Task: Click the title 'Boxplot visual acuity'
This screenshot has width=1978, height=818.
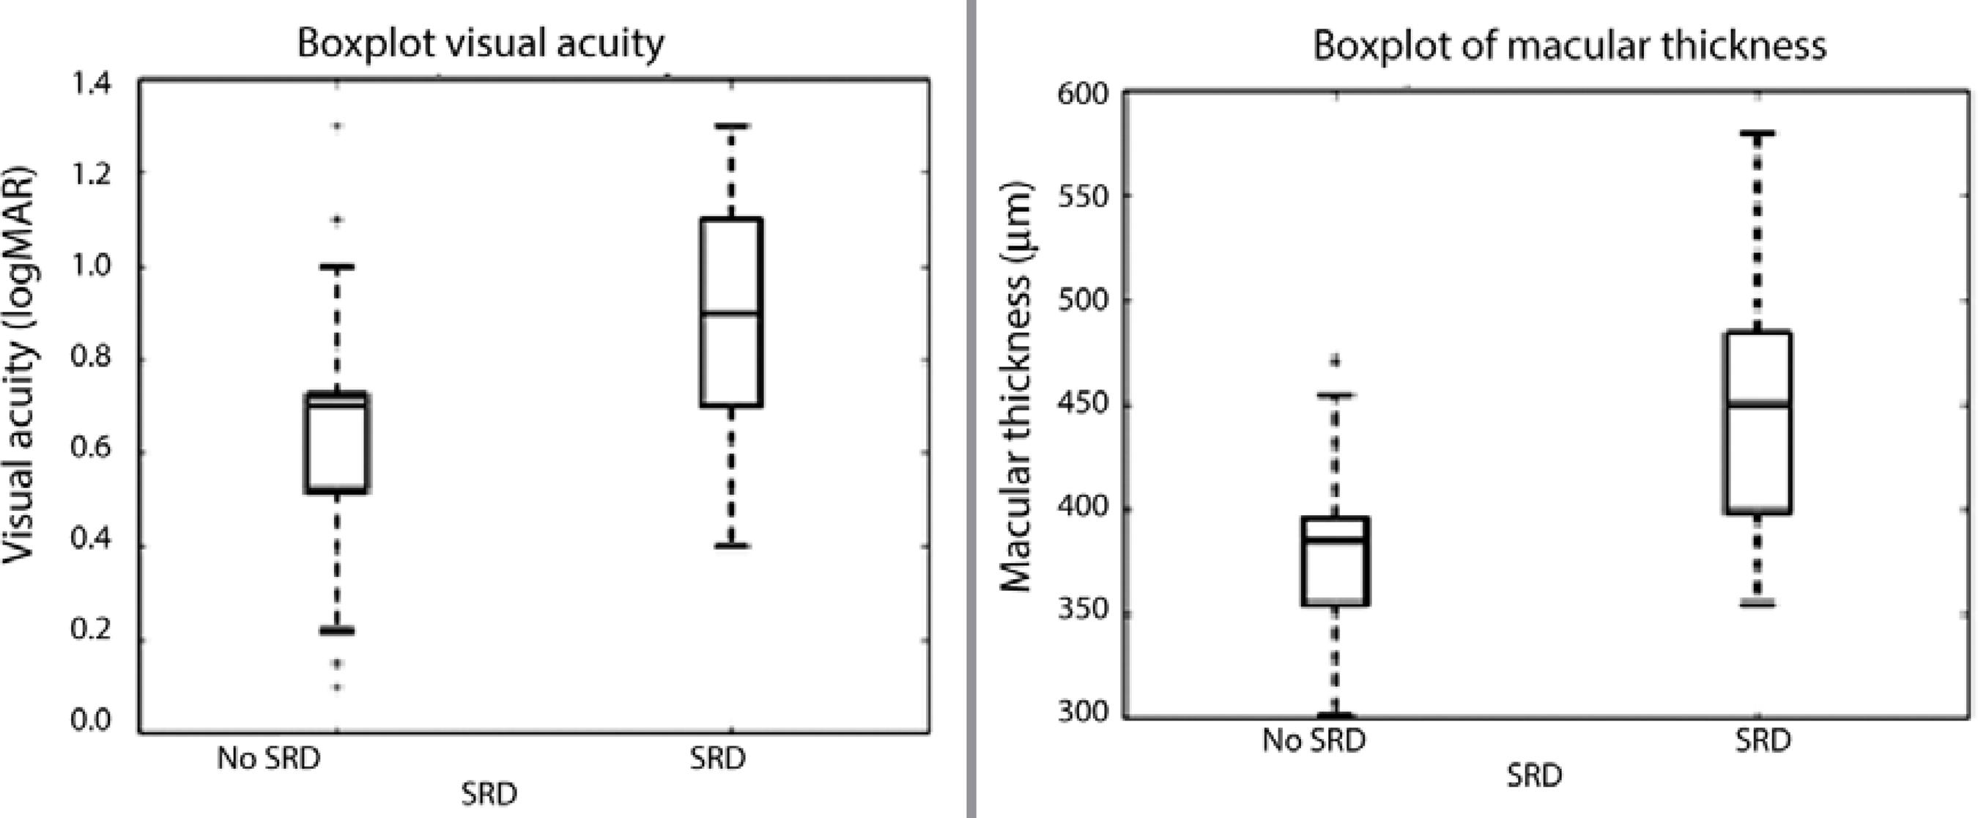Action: click(x=481, y=44)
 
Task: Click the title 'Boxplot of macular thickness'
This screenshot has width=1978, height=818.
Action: click(x=1569, y=45)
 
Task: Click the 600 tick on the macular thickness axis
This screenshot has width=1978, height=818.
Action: click(x=1084, y=95)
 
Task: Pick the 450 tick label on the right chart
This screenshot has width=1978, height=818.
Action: click(x=1084, y=405)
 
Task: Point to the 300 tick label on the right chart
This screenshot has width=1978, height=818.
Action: click(x=1084, y=713)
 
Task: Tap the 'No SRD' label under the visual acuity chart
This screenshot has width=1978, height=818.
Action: click(x=268, y=759)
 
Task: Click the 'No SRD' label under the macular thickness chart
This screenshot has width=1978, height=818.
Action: click(x=1314, y=740)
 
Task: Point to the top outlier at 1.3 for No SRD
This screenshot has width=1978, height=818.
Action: click(x=336, y=125)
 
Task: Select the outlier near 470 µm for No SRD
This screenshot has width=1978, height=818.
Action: click(x=1336, y=359)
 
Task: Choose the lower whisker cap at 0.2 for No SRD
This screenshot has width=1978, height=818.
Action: click(x=336, y=630)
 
